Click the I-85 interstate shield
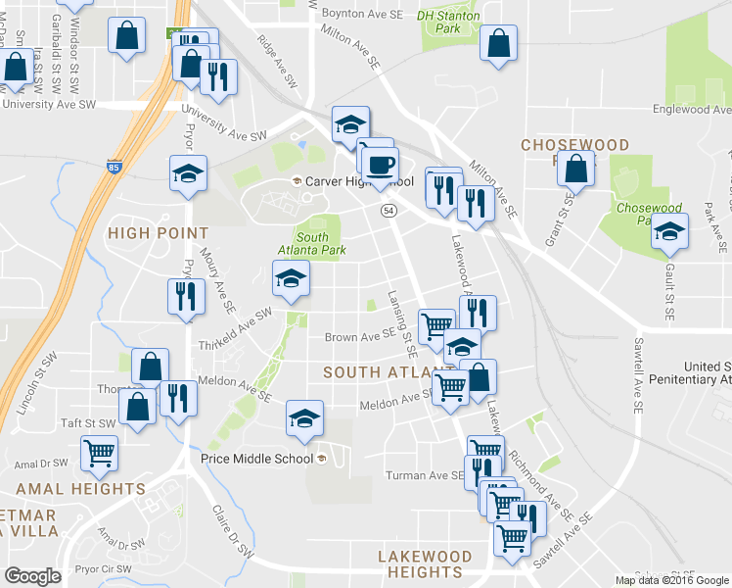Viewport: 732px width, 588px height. [x=114, y=167]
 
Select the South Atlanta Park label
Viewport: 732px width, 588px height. [x=313, y=244]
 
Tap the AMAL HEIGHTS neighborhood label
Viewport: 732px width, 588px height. [x=79, y=488]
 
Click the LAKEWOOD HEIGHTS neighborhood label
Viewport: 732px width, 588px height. [x=424, y=563]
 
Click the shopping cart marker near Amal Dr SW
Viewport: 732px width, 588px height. [x=99, y=453]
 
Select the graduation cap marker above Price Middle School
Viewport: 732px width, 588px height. [x=304, y=417]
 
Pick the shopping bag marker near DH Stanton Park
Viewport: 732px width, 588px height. [x=499, y=43]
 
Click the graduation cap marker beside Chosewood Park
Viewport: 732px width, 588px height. [x=669, y=232]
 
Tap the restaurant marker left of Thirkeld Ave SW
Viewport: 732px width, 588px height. [x=184, y=296]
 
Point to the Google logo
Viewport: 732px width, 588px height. [x=33, y=576]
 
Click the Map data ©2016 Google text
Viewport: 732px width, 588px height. [x=671, y=580]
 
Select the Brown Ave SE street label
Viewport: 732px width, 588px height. [x=358, y=338]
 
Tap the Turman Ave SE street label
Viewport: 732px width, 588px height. [x=429, y=475]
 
